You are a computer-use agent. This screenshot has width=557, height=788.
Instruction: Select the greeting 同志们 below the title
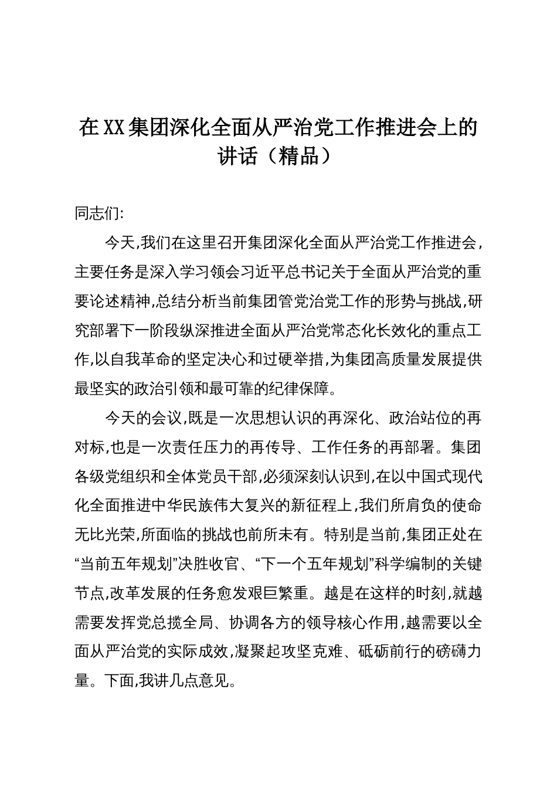[96, 213]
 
